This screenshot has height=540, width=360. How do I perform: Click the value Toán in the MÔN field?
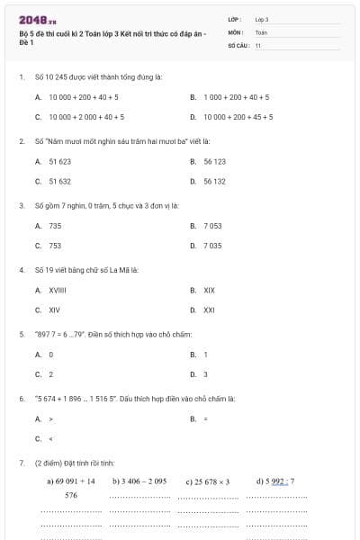(261, 31)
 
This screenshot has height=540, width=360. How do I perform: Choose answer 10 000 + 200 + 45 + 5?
(238, 117)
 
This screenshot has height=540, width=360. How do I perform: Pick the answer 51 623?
(60, 161)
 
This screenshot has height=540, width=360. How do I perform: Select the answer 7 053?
(212, 226)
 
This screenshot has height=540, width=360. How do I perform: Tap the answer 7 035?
(212, 246)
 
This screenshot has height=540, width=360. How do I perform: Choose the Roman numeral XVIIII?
(58, 290)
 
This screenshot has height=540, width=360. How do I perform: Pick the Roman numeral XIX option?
(210, 290)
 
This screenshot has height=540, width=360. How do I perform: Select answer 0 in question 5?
(51, 355)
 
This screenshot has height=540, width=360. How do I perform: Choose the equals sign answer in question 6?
(206, 419)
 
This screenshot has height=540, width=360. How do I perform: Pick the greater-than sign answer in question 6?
(51, 419)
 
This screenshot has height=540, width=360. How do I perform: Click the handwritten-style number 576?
(71, 496)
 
